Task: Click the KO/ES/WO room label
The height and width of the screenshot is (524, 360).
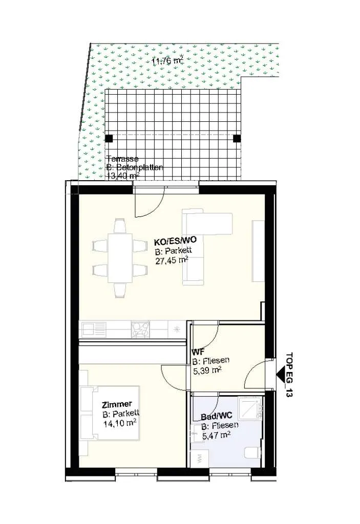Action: [175, 241]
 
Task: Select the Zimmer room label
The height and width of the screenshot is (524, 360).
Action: [117, 405]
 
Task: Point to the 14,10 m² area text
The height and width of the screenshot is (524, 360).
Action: [120, 423]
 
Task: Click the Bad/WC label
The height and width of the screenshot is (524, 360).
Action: [217, 417]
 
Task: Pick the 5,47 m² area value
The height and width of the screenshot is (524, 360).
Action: [216, 435]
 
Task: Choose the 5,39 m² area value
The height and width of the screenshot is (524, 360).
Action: [207, 370]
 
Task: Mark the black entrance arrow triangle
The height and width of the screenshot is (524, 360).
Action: [281, 374]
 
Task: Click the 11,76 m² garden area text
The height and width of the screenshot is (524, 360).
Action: [167, 61]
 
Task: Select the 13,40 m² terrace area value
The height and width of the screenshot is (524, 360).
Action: [123, 176]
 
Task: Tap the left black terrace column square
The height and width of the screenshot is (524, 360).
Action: [109, 138]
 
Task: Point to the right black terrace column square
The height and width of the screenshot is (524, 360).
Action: [237, 138]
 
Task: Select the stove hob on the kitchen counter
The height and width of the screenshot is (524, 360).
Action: [140, 330]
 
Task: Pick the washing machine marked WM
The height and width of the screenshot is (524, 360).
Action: [200, 458]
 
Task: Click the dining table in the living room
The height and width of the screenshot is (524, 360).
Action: [119, 258]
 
